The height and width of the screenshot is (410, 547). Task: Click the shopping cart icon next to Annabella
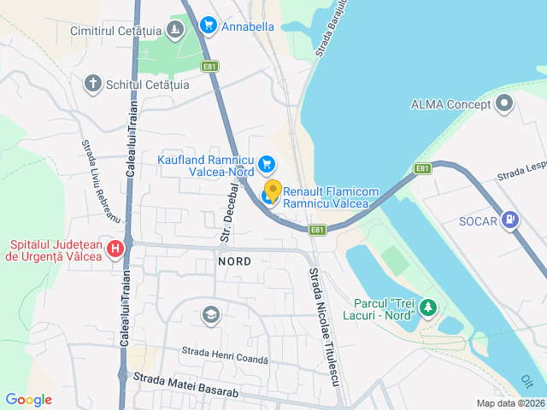pyautogui.click(x=208, y=26)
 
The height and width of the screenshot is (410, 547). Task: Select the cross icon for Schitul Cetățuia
pyautogui.click(x=92, y=84)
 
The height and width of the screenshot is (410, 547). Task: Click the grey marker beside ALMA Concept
pyautogui.click(x=504, y=104)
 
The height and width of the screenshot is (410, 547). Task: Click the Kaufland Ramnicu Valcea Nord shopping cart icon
pyautogui.click(x=266, y=162)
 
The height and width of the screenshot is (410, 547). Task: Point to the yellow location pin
pyautogui.click(x=273, y=190)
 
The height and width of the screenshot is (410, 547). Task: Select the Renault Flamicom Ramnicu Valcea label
pyautogui.click(x=326, y=197)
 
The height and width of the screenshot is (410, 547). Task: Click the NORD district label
pyautogui.click(x=234, y=261)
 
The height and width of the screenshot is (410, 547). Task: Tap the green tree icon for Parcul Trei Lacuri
pyautogui.click(x=427, y=307)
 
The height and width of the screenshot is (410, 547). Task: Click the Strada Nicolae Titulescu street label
pyautogui.click(x=323, y=325)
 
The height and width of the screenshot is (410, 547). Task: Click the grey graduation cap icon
pyautogui.click(x=209, y=315)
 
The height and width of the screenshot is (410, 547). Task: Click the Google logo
pyautogui.click(x=28, y=399)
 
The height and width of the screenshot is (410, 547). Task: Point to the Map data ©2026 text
pyautogui.click(x=509, y=403)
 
